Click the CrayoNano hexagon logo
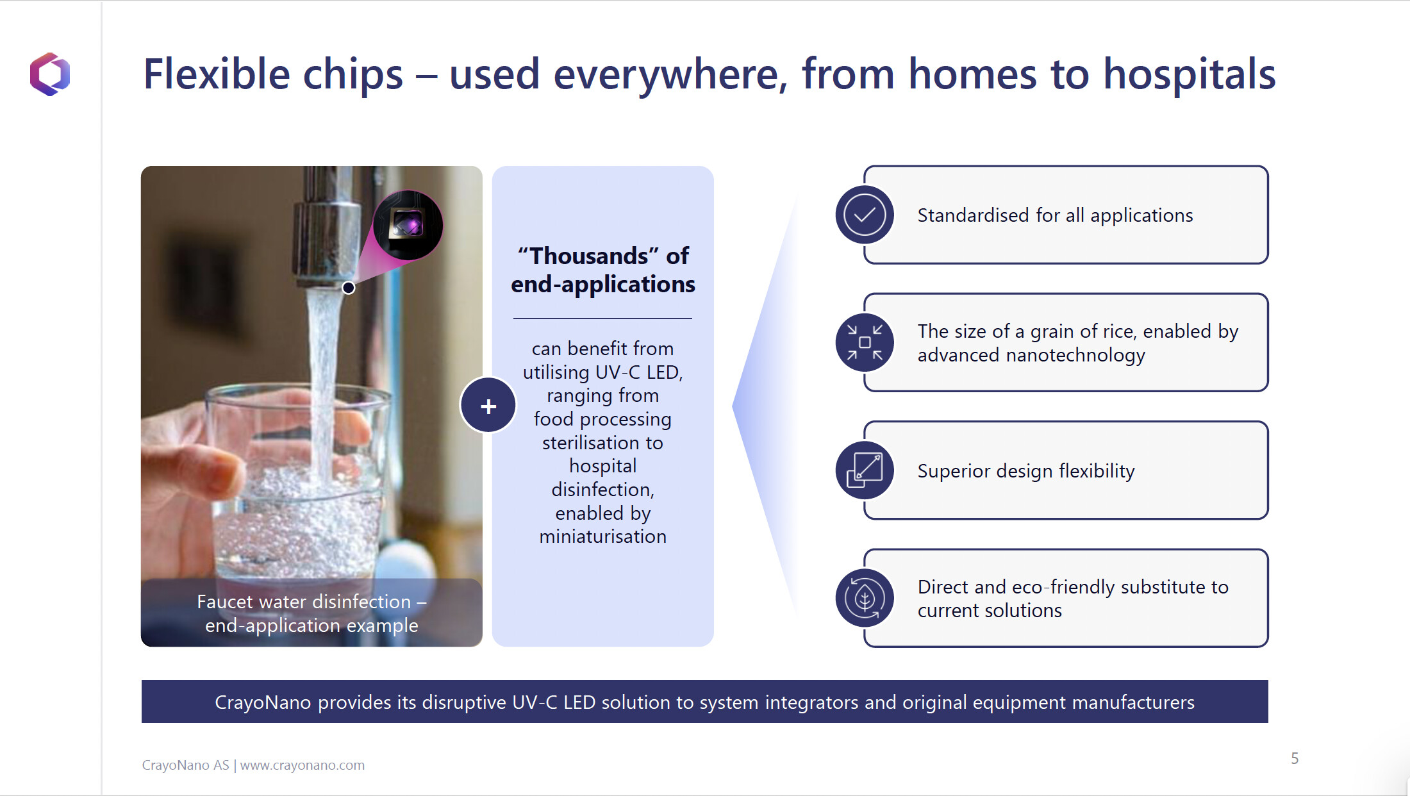(x=50, y=74)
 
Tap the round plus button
(x=488, y=406)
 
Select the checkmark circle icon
(x=865, y=215)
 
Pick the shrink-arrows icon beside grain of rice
(x=865, y=342)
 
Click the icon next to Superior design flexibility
(x=865, y=470)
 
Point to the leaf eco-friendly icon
(x=865, y=598)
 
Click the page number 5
(x=1295, y=759)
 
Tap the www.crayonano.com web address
(x=303, y=765)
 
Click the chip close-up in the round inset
(x=408, y=225)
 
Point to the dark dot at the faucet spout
(x=349, y=288)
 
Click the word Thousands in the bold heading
(x=588, y=256)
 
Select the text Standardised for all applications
(x=1055, y=215)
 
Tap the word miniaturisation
(x=603, y=536)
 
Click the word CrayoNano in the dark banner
(x=263, y=702)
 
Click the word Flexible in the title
(x=217, y=74)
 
